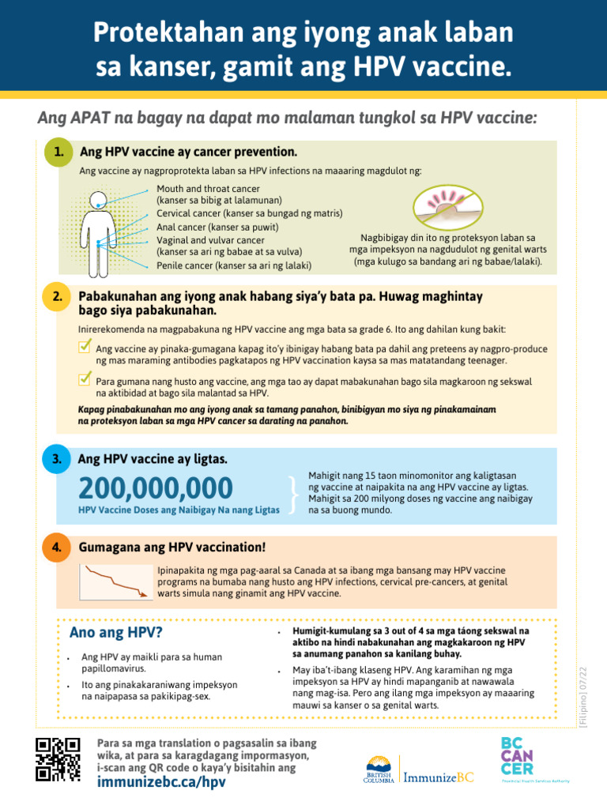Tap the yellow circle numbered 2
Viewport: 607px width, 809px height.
click(x=56, y=297)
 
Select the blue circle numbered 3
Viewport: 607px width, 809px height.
click(x=56, y=459)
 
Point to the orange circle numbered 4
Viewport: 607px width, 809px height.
click(x=56, y=547)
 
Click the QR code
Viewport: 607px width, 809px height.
click(x=58, y=758)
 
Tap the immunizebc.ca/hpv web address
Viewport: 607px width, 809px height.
click(x=161, y=782)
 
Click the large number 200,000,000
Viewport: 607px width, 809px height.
click(x=156, y=487)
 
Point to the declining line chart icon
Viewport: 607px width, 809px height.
click(x=116, y=582)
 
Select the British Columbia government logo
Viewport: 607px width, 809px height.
click(x=379, y=769)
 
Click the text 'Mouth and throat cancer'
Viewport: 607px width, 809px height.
click(x=208, y=190)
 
